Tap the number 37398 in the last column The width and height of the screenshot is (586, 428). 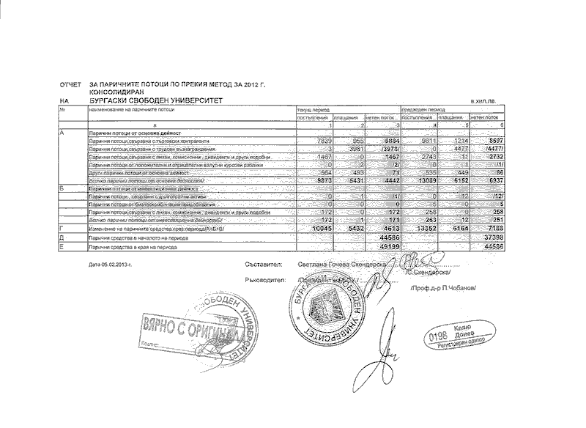489,239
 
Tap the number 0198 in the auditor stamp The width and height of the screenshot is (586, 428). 438,337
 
